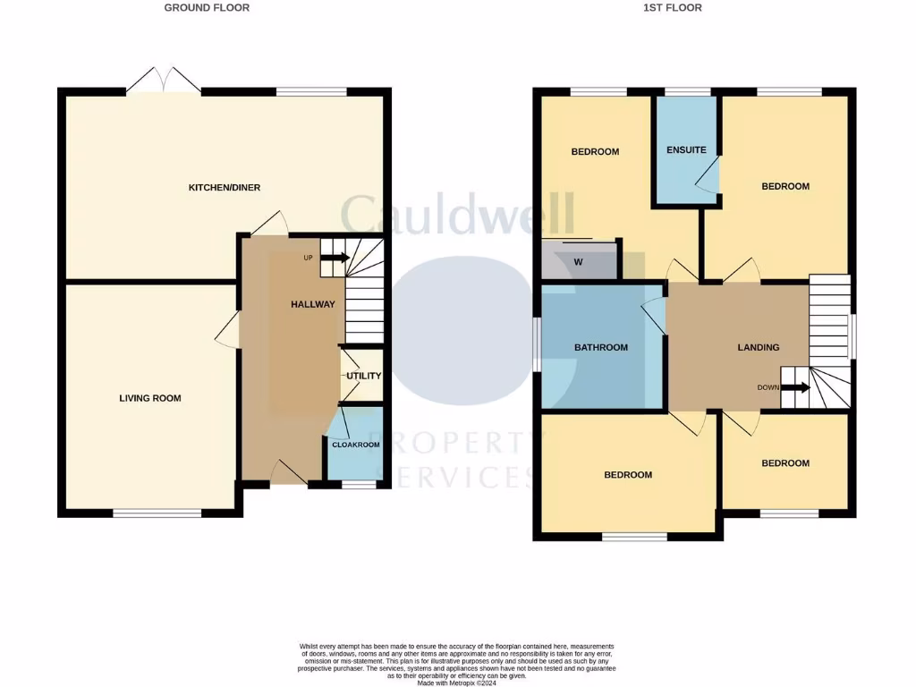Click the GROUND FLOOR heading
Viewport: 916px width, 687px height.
pos(207,8)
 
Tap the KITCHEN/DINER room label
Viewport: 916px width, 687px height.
pos(224,188)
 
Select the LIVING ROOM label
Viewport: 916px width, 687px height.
pos(150,398)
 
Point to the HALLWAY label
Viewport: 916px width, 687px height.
pos(312,304)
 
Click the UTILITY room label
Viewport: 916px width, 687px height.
pos(364,376)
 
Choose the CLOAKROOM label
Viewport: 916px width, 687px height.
pos(356,445)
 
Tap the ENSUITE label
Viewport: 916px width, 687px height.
pos(686,150)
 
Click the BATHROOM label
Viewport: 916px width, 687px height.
pos(601,347)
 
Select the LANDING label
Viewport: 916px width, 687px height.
pos(759,347)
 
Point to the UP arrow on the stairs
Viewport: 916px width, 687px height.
pos(334,258)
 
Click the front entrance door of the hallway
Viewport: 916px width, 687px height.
pos(286,471)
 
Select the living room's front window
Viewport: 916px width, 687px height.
pos(157,513)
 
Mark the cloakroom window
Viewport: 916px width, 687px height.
pos(359,484)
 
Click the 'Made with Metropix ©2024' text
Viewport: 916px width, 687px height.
pos(457,683)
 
